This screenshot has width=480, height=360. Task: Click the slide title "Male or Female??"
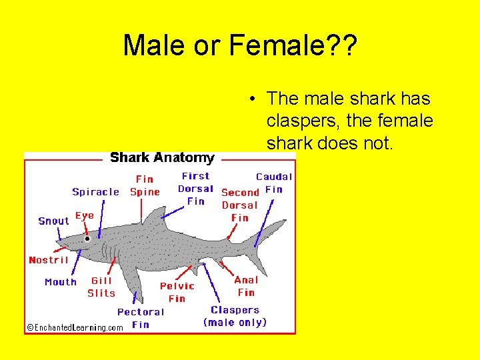(240, 46)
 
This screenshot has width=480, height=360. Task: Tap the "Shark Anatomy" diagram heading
(162, 158)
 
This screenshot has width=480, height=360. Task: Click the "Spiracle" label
(95, 192)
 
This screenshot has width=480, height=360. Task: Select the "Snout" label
(53, 221)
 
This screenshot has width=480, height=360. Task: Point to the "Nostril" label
(49, 260)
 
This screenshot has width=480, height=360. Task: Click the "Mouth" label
(61, 282)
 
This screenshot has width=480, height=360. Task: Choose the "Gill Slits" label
(101, 287)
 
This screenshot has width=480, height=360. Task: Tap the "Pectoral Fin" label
(141, 318)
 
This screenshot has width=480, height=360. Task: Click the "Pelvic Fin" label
(177, 292)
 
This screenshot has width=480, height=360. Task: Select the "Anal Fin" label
(246, 286)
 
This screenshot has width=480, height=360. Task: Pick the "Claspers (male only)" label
(235, 316)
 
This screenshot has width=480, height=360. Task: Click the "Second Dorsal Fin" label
(240, 205)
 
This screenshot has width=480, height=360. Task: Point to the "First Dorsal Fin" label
(195, 188)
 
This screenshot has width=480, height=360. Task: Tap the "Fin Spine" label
(145, 185)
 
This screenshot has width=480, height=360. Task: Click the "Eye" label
(85, 215)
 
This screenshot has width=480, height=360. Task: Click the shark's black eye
(87, 239)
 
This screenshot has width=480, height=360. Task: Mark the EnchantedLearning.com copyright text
(75, 327)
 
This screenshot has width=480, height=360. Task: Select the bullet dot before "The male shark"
(253, 99)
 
